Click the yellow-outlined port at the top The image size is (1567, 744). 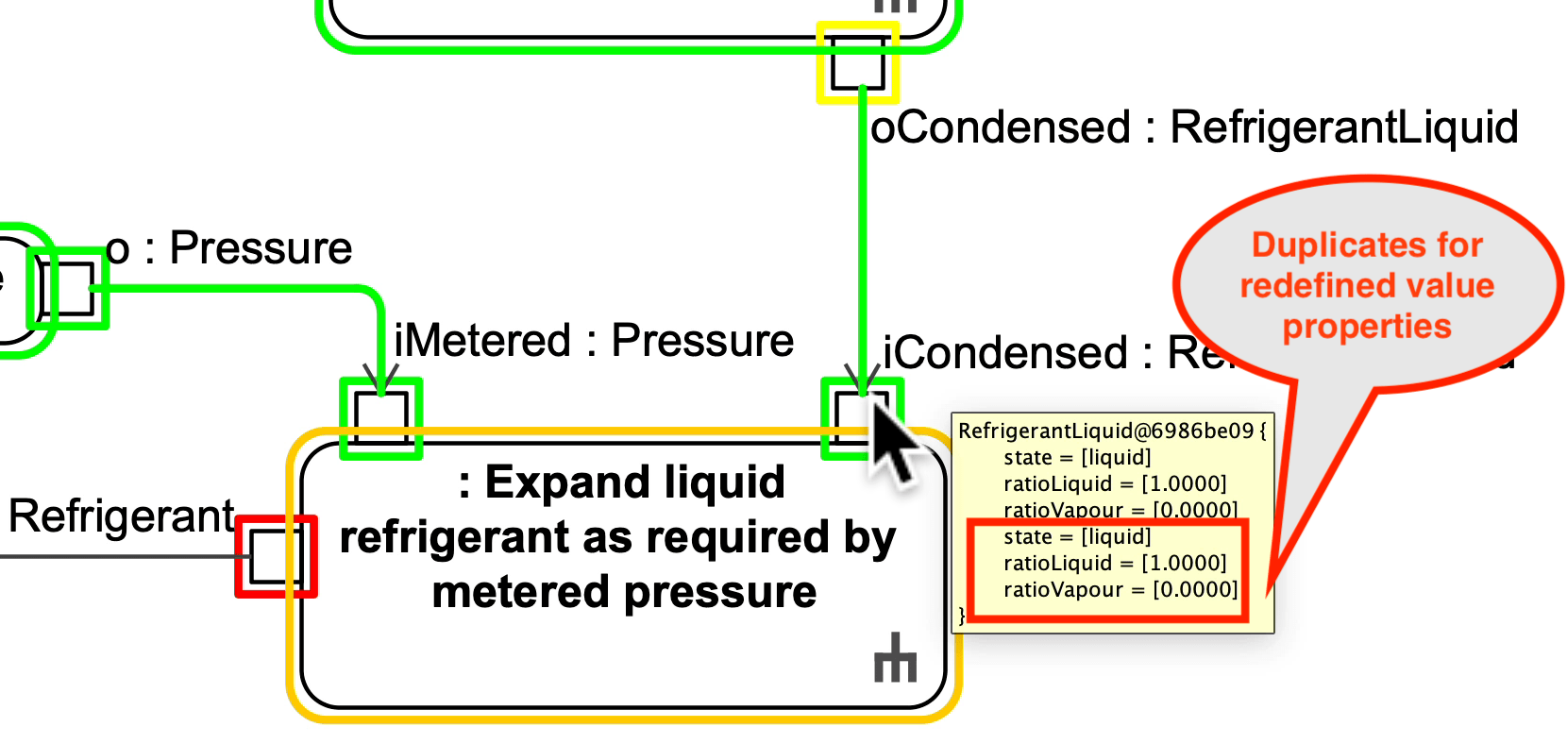click(x=858, y=62)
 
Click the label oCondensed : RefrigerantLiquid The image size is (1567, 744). click(x=1193, y=127)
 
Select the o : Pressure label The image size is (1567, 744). click(x=229, y=248)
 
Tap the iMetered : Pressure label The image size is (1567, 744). click(x=594, y=341)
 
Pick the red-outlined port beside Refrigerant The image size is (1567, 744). click(x=276, y=556)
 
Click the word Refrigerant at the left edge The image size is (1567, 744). click(x=121, y=516)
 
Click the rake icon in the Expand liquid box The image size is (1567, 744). click(x=895, y=658)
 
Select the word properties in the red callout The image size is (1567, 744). click(x=1366, y=327)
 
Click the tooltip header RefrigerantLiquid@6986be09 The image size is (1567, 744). click(x=1105, y=431)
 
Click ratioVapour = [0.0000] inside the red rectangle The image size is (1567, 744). click(x=1120, y=590)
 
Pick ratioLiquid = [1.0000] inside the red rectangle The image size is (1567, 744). click(x=1114, y=564)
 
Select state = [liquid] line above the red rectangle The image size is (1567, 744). click(x=1076, y=458)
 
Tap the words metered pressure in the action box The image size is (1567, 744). click(x=624, y=593)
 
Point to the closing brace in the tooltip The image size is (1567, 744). click(x=962, y=616)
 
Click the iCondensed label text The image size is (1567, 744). click(x=1005, y=354)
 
